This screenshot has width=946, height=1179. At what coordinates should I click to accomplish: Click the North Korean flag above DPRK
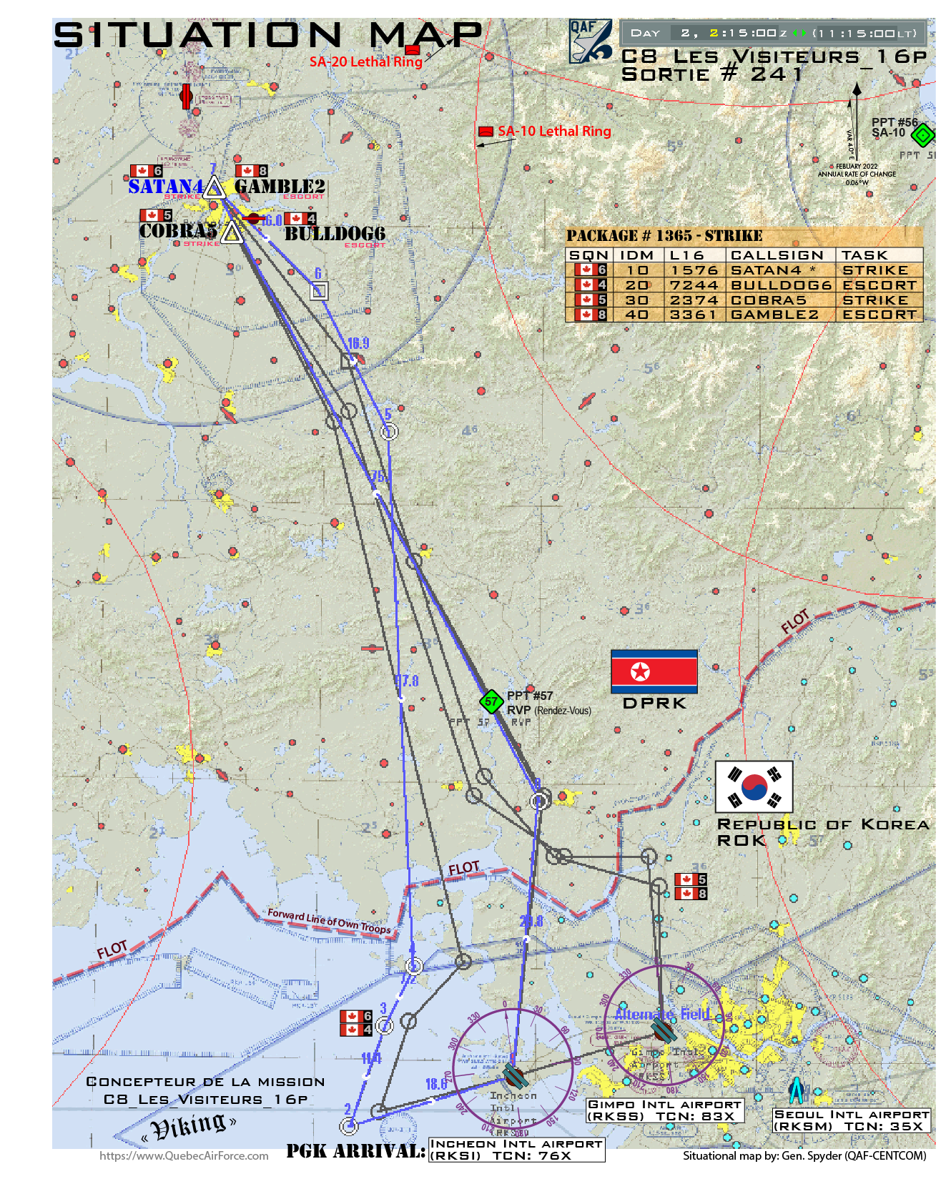(x=654, y=671)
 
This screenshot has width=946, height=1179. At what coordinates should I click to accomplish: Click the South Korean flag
(x=754, y=786)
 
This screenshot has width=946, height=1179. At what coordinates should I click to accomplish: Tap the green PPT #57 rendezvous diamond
(x=491, y=701)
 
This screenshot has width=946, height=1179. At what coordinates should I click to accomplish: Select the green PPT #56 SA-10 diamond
(x=923, y=134)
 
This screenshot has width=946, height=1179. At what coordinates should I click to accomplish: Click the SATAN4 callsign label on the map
(x=165, y=187)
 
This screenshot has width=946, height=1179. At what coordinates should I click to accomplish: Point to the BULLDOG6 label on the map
(x=335, y=234)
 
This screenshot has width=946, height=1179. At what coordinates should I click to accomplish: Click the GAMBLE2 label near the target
(x=280, y=187)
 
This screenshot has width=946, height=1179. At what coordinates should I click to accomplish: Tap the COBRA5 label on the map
(x=178, y=231)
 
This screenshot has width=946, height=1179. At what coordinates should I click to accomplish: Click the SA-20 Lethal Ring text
(x=365, y=62)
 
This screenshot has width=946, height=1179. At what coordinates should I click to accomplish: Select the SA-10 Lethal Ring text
(x=554, y=132)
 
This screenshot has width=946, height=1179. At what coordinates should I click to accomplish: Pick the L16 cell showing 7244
(x=694, y=285)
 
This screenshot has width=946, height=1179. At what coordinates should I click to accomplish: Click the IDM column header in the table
(x=636, y=255)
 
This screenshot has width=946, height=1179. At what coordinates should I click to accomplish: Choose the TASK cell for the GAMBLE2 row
(x=879, y=315)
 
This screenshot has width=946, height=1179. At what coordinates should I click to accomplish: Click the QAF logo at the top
(x=590, y=41)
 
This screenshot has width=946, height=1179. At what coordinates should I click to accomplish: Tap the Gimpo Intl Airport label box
(x=664, y=1110)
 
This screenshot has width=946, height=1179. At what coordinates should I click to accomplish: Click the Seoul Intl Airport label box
(x=851, y=1120)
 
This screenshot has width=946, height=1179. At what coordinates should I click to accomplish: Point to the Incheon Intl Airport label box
(x=516, y=1150)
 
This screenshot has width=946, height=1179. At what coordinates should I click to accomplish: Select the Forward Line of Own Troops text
(x=330, y=922)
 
